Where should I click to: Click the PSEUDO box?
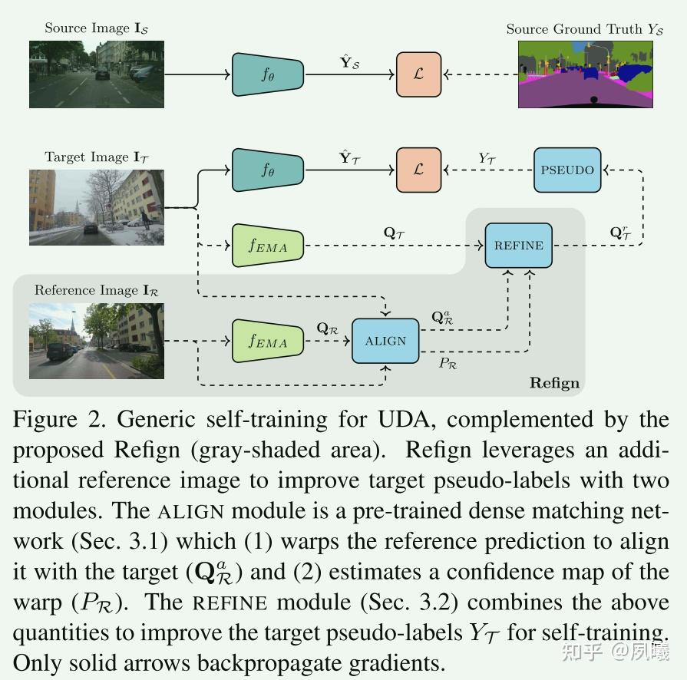point(567,170)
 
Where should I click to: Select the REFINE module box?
point(519,246)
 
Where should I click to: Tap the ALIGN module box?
point(385,341)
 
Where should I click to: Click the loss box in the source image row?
point(419,74)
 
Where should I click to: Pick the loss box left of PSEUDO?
point(419,170)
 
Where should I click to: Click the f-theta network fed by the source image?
point(268,74)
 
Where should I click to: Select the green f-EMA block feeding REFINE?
point(268,246)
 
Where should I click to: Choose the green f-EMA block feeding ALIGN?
point(268,341)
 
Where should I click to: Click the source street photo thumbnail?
point(97,74)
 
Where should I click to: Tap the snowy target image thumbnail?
point(97,207)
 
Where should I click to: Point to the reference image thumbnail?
point(97,341)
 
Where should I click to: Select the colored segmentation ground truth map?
point(586,74)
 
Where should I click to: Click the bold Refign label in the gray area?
point(554,383)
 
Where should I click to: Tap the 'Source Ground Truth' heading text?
point(576,29)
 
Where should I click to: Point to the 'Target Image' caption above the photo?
point(87,157)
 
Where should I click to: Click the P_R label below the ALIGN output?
point(448,363)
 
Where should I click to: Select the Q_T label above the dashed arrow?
point(394,233)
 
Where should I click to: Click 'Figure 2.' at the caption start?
point(60,420)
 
